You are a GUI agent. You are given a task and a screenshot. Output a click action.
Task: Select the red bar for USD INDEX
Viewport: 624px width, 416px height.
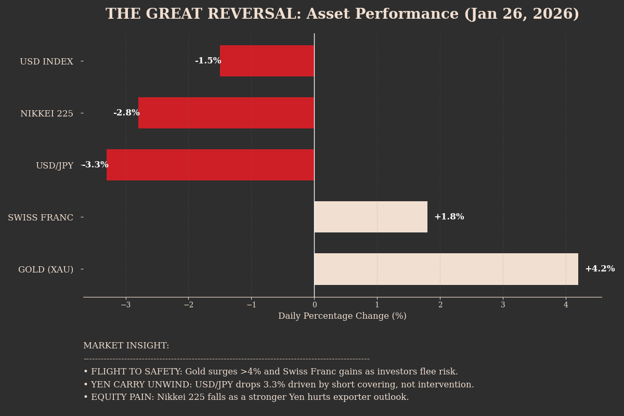[267, 61]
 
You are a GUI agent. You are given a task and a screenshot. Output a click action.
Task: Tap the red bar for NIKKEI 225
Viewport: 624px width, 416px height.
[226, 113]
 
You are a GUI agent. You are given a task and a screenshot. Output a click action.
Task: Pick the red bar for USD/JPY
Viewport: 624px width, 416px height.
[210, 165]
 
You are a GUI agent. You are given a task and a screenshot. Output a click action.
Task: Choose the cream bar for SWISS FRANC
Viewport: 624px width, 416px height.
[371, 217]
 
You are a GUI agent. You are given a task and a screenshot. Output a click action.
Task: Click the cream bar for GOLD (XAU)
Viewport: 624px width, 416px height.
[446, 269]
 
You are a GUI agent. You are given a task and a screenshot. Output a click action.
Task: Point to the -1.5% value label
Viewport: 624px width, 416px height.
[208, 61]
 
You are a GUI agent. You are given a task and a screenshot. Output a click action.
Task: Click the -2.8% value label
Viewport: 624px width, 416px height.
[126, 113]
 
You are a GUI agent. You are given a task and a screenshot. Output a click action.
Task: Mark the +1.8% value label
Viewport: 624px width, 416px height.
[449, 217]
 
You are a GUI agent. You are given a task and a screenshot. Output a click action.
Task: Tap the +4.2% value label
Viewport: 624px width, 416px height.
[600, 269]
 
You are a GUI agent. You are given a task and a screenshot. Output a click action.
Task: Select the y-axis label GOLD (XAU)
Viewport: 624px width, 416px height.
[46, 269]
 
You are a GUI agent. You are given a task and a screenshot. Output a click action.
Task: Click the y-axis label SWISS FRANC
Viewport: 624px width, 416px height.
[41, 217]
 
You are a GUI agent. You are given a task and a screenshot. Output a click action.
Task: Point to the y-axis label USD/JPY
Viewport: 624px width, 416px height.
[55, 165]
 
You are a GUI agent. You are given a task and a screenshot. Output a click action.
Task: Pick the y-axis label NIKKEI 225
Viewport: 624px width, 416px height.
[47, 113]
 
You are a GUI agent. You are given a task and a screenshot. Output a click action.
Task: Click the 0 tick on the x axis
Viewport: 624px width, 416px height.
[314, 305]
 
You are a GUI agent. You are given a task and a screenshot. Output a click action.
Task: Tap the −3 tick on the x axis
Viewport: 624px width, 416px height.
[125, 305]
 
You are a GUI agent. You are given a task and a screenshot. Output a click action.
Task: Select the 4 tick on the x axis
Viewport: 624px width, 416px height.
[566, 305]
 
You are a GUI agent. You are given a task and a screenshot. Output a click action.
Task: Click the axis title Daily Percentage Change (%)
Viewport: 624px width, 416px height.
[342, 316]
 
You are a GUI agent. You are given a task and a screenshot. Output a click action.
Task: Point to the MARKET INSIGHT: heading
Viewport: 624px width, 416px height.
[126, 346]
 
